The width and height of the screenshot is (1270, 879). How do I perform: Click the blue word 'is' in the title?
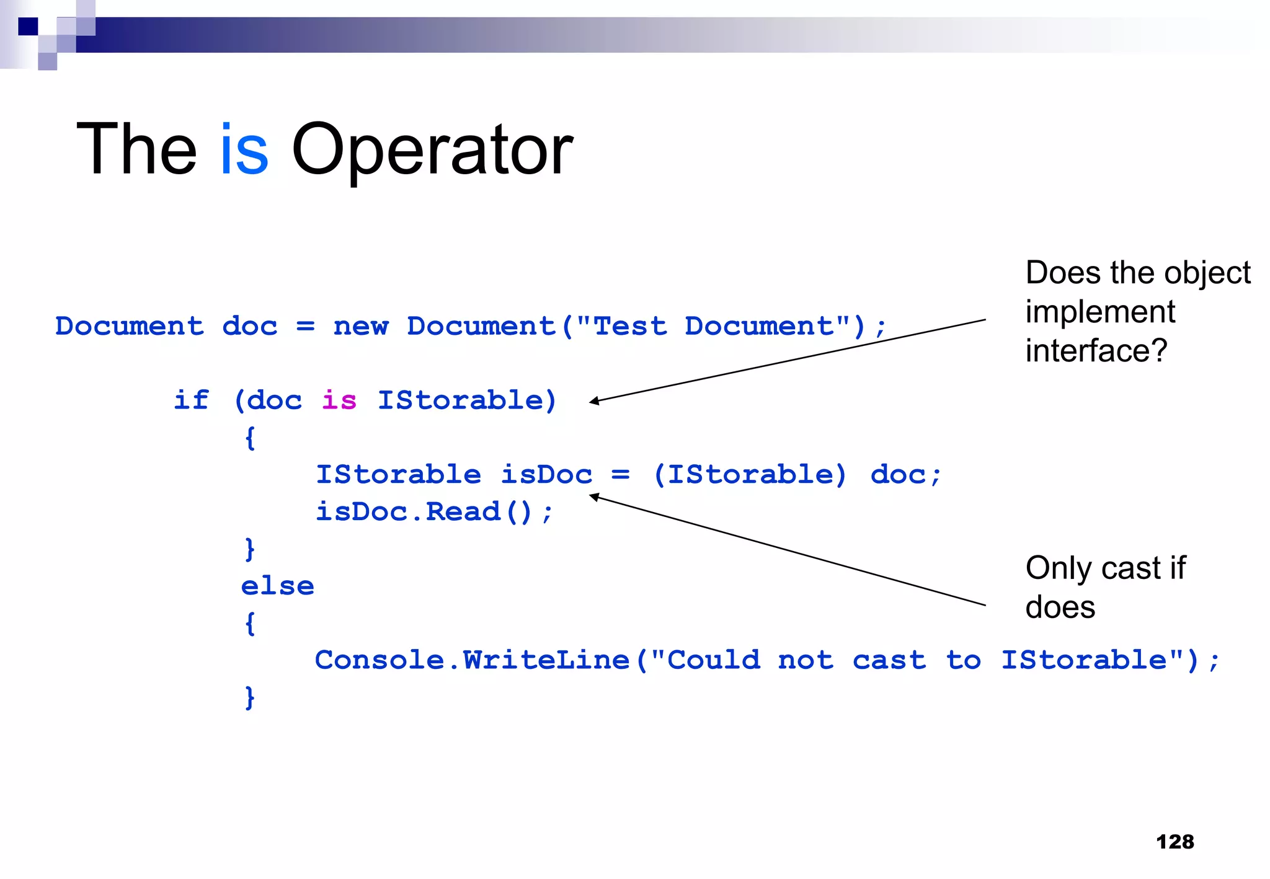[244, 150]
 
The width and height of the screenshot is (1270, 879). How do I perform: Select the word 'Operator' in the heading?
[432, 151]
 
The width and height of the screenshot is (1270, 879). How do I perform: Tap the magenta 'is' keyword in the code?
[339, 400]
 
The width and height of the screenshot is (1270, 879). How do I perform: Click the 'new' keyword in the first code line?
[360, 327]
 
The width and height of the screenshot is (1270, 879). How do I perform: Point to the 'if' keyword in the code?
[191, 400]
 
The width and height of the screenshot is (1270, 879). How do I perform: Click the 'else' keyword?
[277, 586]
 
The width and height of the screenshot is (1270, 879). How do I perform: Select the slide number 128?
[1175, 842]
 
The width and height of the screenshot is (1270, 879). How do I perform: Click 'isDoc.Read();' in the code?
[433, 512]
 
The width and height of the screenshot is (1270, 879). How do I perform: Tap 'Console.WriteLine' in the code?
[472, 660]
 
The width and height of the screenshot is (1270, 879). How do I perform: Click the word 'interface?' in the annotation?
[1096, 351]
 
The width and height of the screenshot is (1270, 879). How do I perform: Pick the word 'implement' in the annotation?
[1099, 312]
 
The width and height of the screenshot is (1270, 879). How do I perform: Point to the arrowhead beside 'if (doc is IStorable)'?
[593, 402]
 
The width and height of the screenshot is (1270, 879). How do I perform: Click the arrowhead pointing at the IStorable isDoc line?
[593, 497]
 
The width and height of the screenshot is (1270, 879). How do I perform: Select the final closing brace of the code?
[249, 698]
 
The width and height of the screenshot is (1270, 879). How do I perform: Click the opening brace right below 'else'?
[249, 624]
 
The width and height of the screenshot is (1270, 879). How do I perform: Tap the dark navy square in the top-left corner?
[28, 27]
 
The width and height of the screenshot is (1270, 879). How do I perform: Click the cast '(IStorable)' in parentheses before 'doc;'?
[750, 475]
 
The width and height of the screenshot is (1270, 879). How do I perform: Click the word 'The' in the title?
[136, 150]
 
